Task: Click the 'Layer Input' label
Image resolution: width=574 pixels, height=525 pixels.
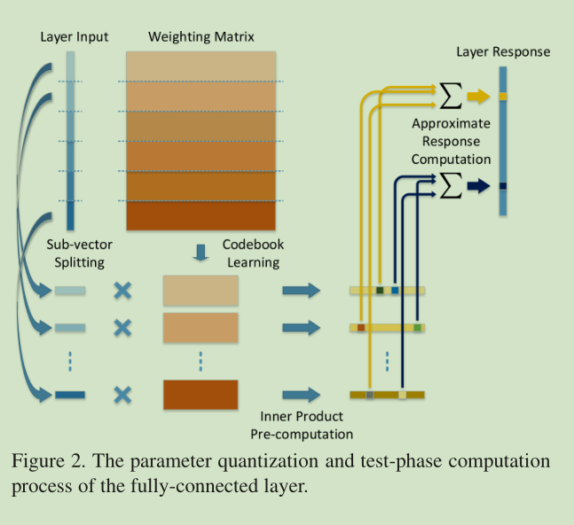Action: [74, 37]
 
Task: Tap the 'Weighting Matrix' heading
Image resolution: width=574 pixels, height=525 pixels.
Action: [201, 37]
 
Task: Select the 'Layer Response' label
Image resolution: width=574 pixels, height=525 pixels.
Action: [503, 51]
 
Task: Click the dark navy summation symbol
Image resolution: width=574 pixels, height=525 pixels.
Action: [451, 185]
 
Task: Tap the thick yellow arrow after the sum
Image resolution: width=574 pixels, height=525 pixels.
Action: [478, 95]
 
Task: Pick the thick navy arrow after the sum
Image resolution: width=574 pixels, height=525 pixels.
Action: [478, 185]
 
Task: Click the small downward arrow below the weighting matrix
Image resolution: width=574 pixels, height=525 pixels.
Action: [201, 252]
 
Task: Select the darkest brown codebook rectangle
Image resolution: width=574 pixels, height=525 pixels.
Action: [201, 394]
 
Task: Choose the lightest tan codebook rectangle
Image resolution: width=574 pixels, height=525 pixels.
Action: [201, 290]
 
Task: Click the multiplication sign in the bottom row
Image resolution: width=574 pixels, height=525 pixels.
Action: [122, 394]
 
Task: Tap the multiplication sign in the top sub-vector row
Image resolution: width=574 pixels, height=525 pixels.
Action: [122, 290]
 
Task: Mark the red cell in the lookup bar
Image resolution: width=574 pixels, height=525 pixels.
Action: [361, 328]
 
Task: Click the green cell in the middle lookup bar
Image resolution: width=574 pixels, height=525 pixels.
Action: [417, 328]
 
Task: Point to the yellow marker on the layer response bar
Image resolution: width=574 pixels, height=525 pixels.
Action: [502, 95]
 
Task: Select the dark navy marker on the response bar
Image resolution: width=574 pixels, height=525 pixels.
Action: [502, 185]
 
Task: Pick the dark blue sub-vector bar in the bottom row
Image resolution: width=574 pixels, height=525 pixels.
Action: [69, 394]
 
